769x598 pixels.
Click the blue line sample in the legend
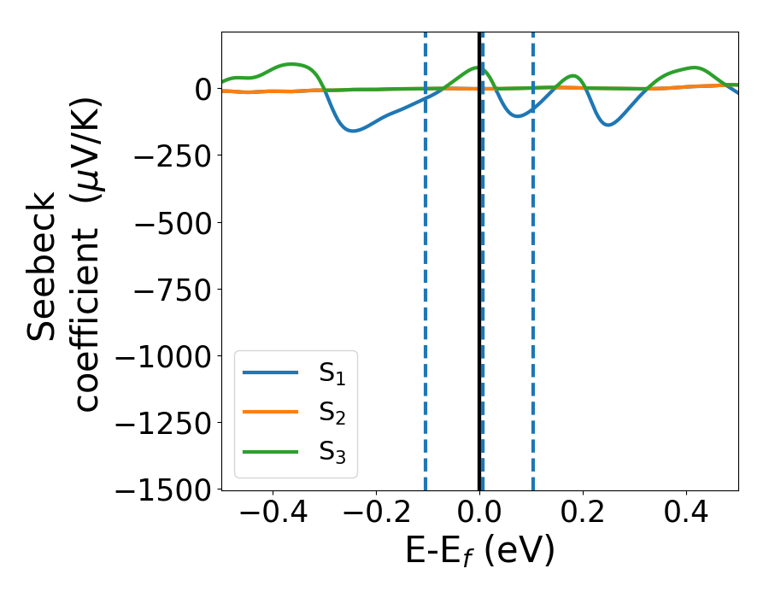pyautogui.click(x=271, y=372)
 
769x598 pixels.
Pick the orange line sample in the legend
pyautogui.click(x=271, y=412)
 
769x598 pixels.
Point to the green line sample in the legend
pyautogui.click(x=271, y=451)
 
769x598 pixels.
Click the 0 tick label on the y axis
pyautogui.click(x=203, y=89)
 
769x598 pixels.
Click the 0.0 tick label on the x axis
pyautogui.click(x=479, y=515)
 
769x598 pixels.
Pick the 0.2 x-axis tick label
pyautogui.click(x=583, y=515)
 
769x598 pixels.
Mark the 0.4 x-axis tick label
pyautogui.click(x=686, y=515)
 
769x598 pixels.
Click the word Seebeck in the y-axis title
pyautogui.click(x=43, y=266)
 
